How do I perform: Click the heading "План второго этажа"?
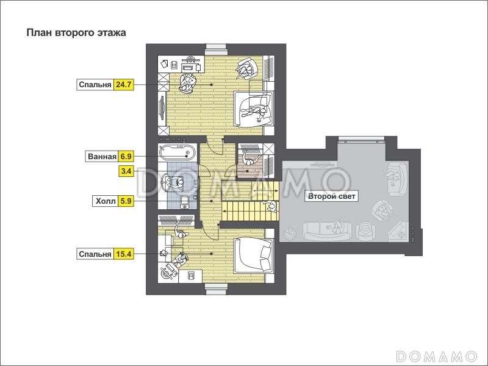pyautogui.click(x=76, y=33)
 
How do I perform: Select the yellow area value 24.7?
pyautogui.click(x=124, y=85)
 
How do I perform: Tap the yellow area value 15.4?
pyautogui.click(x=124, y=254)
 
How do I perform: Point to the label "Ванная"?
pyautogui.click(x=102, y=156)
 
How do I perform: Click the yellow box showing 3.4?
pyautogui.click(x=126, y=171)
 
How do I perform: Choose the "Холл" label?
pyautogui.click(x=106, y=201)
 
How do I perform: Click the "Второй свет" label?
pyautogui.click(x=331, y=196)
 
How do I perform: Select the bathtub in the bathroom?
pyautogui.click(x=178, y=152)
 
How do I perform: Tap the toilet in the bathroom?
pyautogui.click(x=185, y=201)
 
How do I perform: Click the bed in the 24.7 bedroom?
pyautogui.click(x=253, y=109)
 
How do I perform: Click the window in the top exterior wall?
pyautogui.click(x=217, y=47)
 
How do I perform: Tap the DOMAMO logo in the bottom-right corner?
pyautogui.click(x=436, y=356)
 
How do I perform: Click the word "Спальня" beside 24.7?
pyautogui.click(x=95, y=85)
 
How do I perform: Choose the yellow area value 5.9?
pyautogui.click(x=126, y=201)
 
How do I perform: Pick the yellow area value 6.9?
pyautogui.click(x=126, y=156)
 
